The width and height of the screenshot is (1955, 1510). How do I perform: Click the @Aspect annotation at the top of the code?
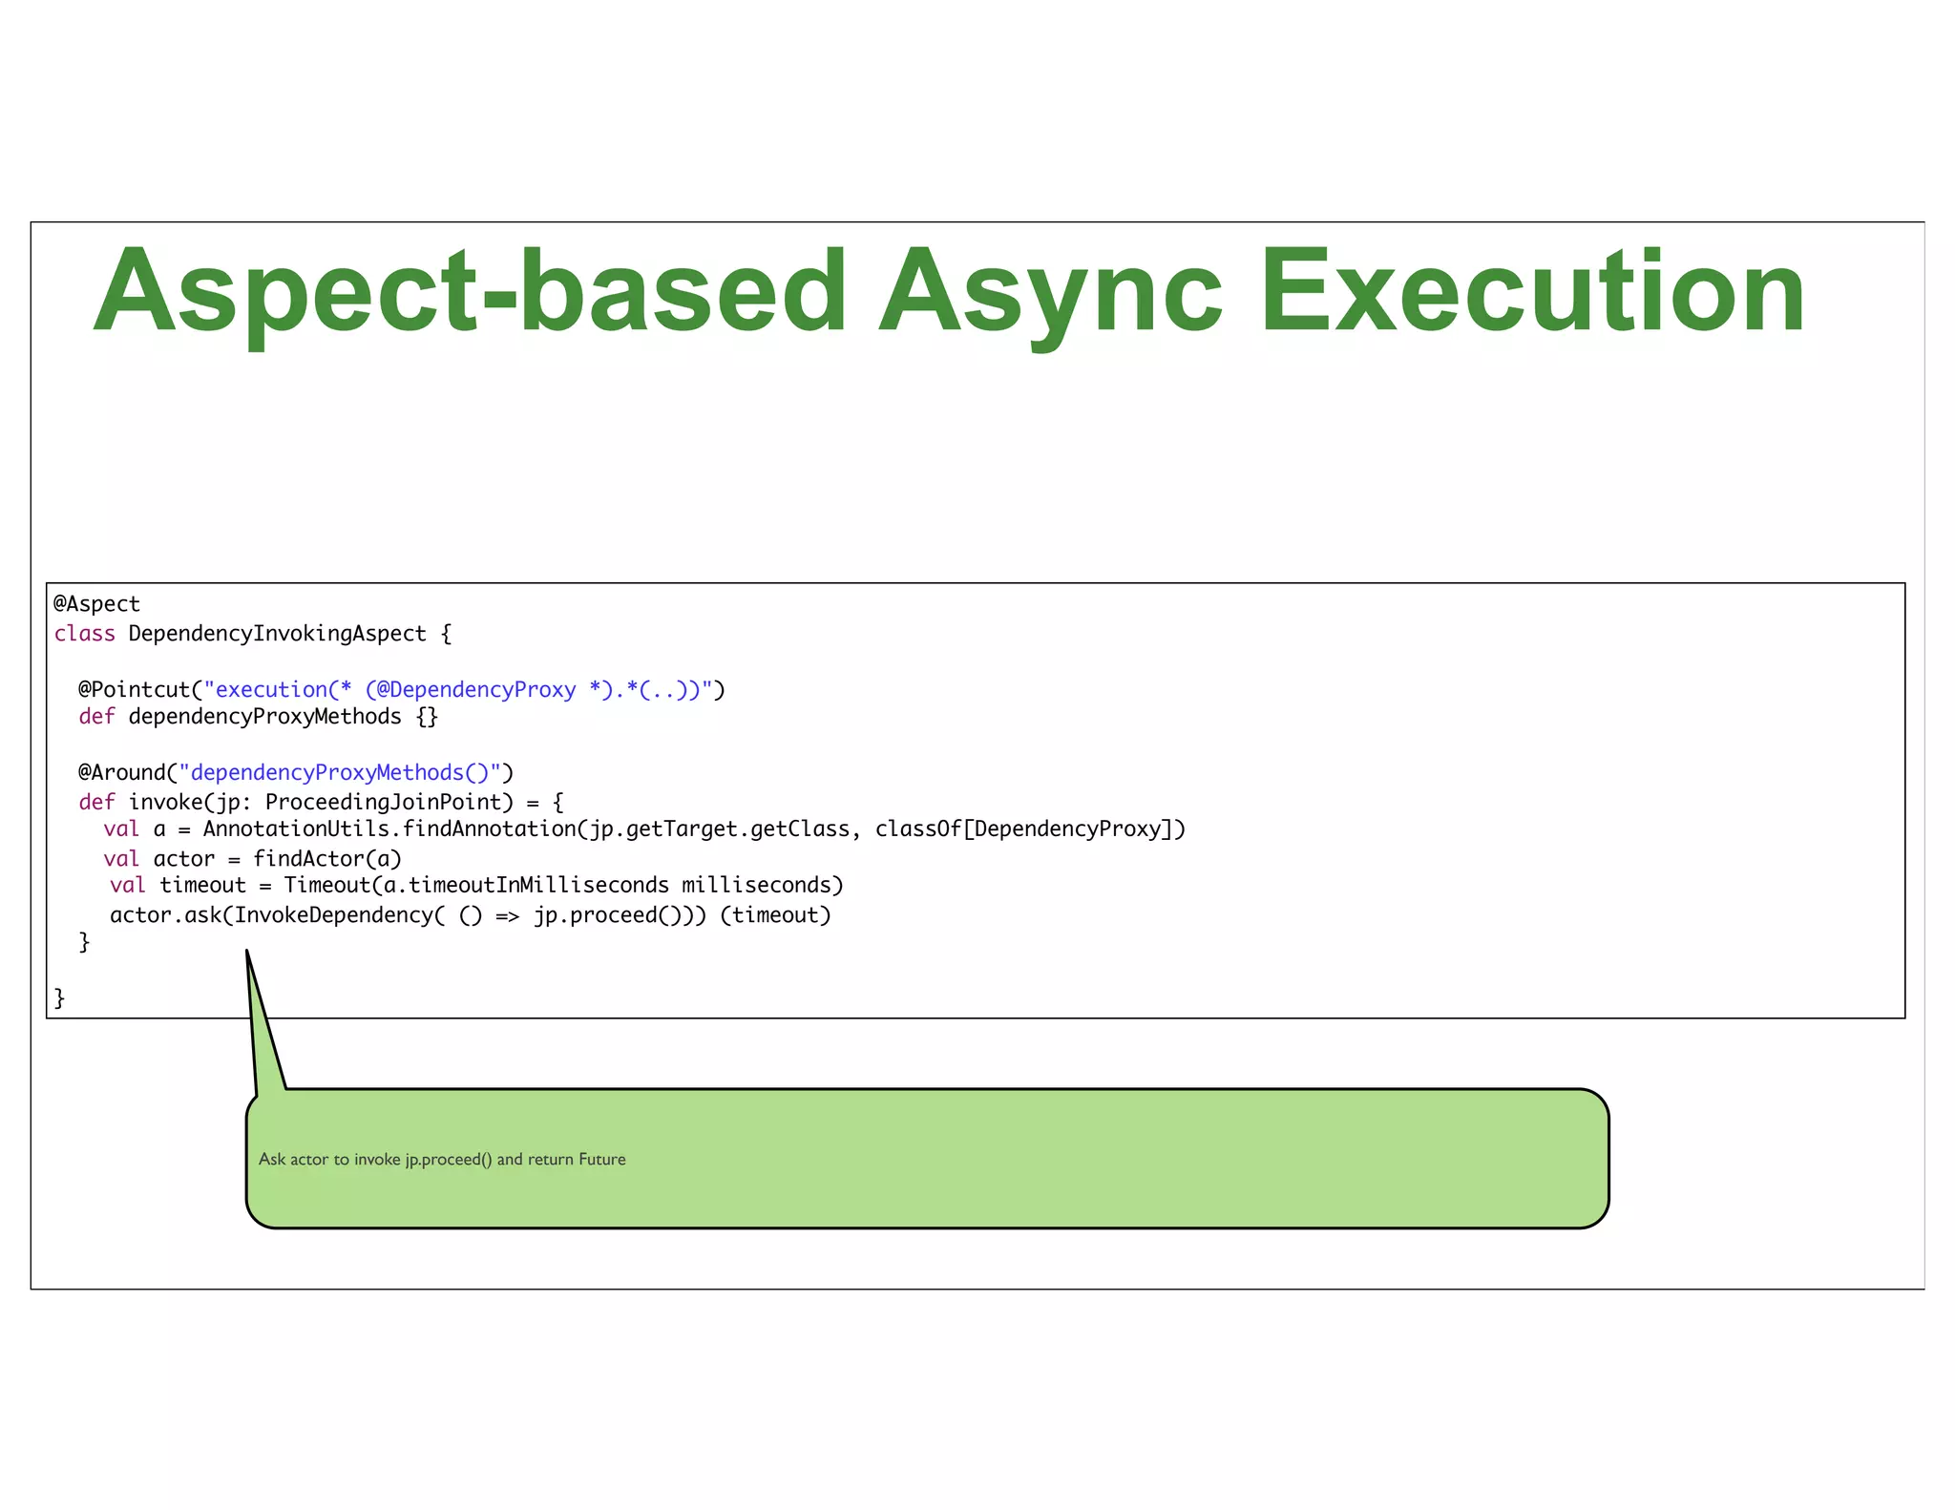pyautogui.click(x=96, y=604)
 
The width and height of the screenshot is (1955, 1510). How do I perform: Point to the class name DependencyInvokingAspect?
pyautogui.click(x=277, y=634)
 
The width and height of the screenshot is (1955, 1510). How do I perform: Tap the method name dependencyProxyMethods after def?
pyautogui.click(x=264, y=717)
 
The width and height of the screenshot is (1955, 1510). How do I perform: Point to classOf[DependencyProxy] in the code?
pyautogui.click(x=1030, y=828)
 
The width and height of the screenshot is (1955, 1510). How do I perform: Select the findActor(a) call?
pyautogui.click(x=326, y=859)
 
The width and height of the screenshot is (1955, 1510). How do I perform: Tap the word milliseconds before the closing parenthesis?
pyautogui.click(x=762, y=886)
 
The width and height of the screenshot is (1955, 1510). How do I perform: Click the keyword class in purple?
pyautogui.click(x=84, y=634)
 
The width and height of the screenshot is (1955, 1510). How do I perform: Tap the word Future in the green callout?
pyautogui.click(x=601, y=1159)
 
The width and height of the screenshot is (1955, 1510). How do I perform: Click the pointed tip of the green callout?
pyautogui.click(x=247, y=952)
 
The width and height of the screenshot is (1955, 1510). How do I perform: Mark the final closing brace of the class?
pyautogui.click(x=59, y=998)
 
